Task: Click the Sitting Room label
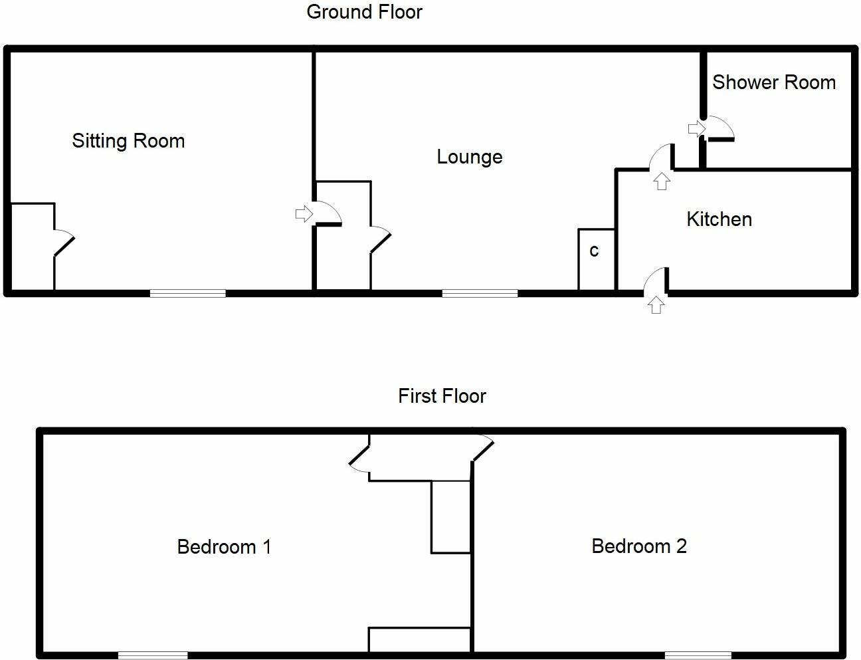click(128, 141)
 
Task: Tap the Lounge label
click(469, 157)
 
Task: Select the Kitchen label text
click(719, 219)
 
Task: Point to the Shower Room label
click(773, 82)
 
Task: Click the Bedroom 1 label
click(224, 547)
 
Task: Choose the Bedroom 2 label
click(638, 546)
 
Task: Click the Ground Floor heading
click(364, 12)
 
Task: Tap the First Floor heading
click(442, 396)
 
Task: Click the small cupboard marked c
click(595, 259)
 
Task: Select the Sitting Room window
click(188, 292)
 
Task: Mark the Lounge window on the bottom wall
click(480, 292)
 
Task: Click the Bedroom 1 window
click(153, 655)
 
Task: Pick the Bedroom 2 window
click(698, 655)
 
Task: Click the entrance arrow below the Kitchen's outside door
click(656, 305)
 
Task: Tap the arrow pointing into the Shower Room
click(696, 128)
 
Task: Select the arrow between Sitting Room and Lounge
click(303, 214)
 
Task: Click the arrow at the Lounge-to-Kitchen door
click(661, 181)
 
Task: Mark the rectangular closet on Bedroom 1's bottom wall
click(420, 640)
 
